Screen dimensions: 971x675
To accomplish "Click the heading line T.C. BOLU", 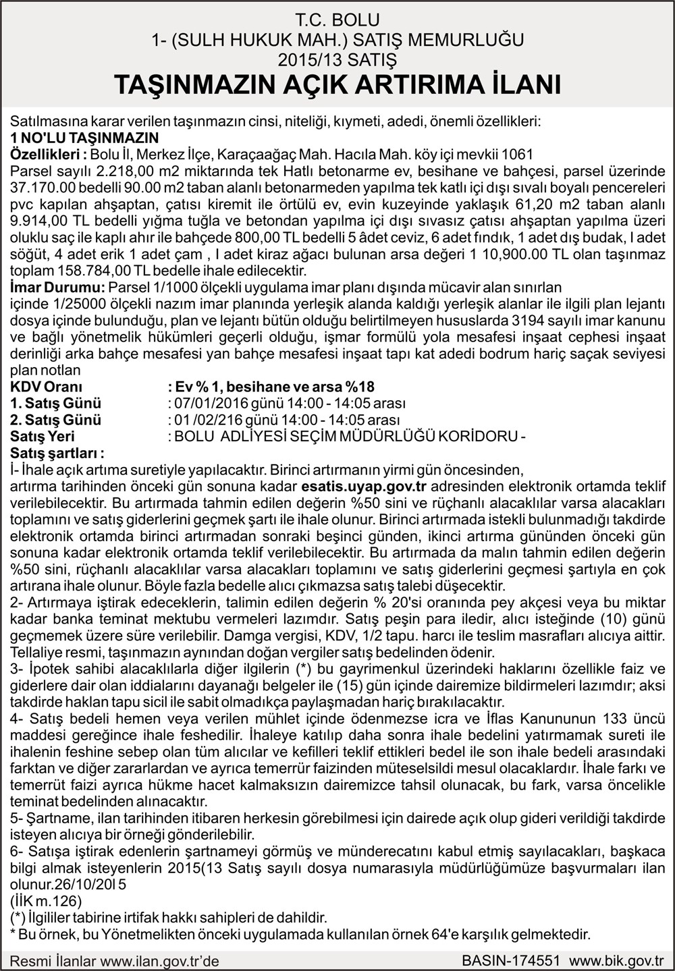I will tap(337, 20).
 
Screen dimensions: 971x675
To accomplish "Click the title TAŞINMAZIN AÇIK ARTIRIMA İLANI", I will tap(337, 85).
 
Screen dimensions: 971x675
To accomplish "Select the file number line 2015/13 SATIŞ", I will tap(337, 59).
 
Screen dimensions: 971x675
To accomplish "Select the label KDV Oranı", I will tap(47, 387).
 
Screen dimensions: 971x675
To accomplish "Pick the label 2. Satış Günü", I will tap(56, 420).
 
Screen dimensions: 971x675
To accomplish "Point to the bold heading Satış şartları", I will tap(57, 453).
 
